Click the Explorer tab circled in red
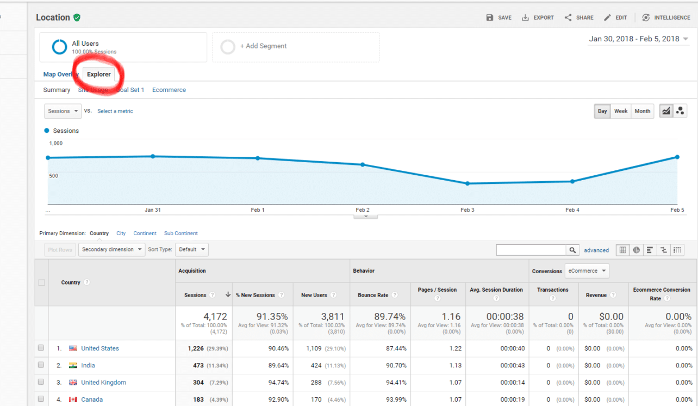[x=99, y=75]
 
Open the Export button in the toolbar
[x=538, y=17]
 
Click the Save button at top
[x=499, y=17]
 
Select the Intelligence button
[x=666, y=17]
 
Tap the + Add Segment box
[x=296, y=47]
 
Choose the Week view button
[x=621, y=111]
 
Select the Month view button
[x=642, y=111]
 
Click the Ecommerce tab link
[x=169, y=90]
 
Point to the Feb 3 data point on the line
[x=467, y=183]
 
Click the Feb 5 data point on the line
[x=677, y=157]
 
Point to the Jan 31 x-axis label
[x=153, y=210]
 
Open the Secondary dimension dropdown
[x=111, y=249]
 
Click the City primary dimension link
[x=121, y=233]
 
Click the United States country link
[x=100, y=348]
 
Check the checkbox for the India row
[x=41, y=365]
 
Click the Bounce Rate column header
[x=373, y=295]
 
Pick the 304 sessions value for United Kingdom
[x=198, y=383]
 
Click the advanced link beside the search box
[x=596, y=250]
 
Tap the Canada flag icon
[x=73, y=399]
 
